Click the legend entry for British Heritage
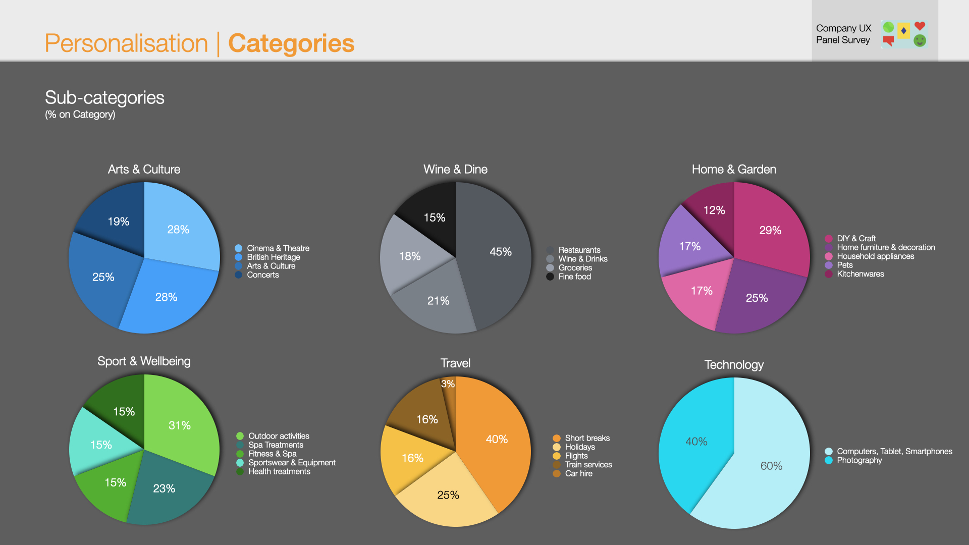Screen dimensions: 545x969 tap(273, 257)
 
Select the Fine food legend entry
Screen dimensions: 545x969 tap(574, 277)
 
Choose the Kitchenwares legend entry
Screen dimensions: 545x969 tap(860, 274)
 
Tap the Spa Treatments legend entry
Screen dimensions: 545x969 tap(276, 445)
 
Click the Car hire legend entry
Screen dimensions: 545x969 tap(578, 473)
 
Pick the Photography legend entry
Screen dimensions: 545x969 tap(859, 460)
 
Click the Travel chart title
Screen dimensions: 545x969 tap(455, 363)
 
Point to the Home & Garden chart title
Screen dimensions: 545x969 tap(734, 169)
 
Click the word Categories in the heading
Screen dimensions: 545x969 tap(291, 43)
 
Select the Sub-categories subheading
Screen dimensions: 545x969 tap(104, 97)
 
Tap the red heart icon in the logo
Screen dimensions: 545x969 tap(920, 26)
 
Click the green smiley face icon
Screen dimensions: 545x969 tap(920, 41)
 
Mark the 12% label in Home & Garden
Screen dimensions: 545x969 tap(714, 210)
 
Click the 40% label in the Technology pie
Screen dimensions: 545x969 tap(696, 442)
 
